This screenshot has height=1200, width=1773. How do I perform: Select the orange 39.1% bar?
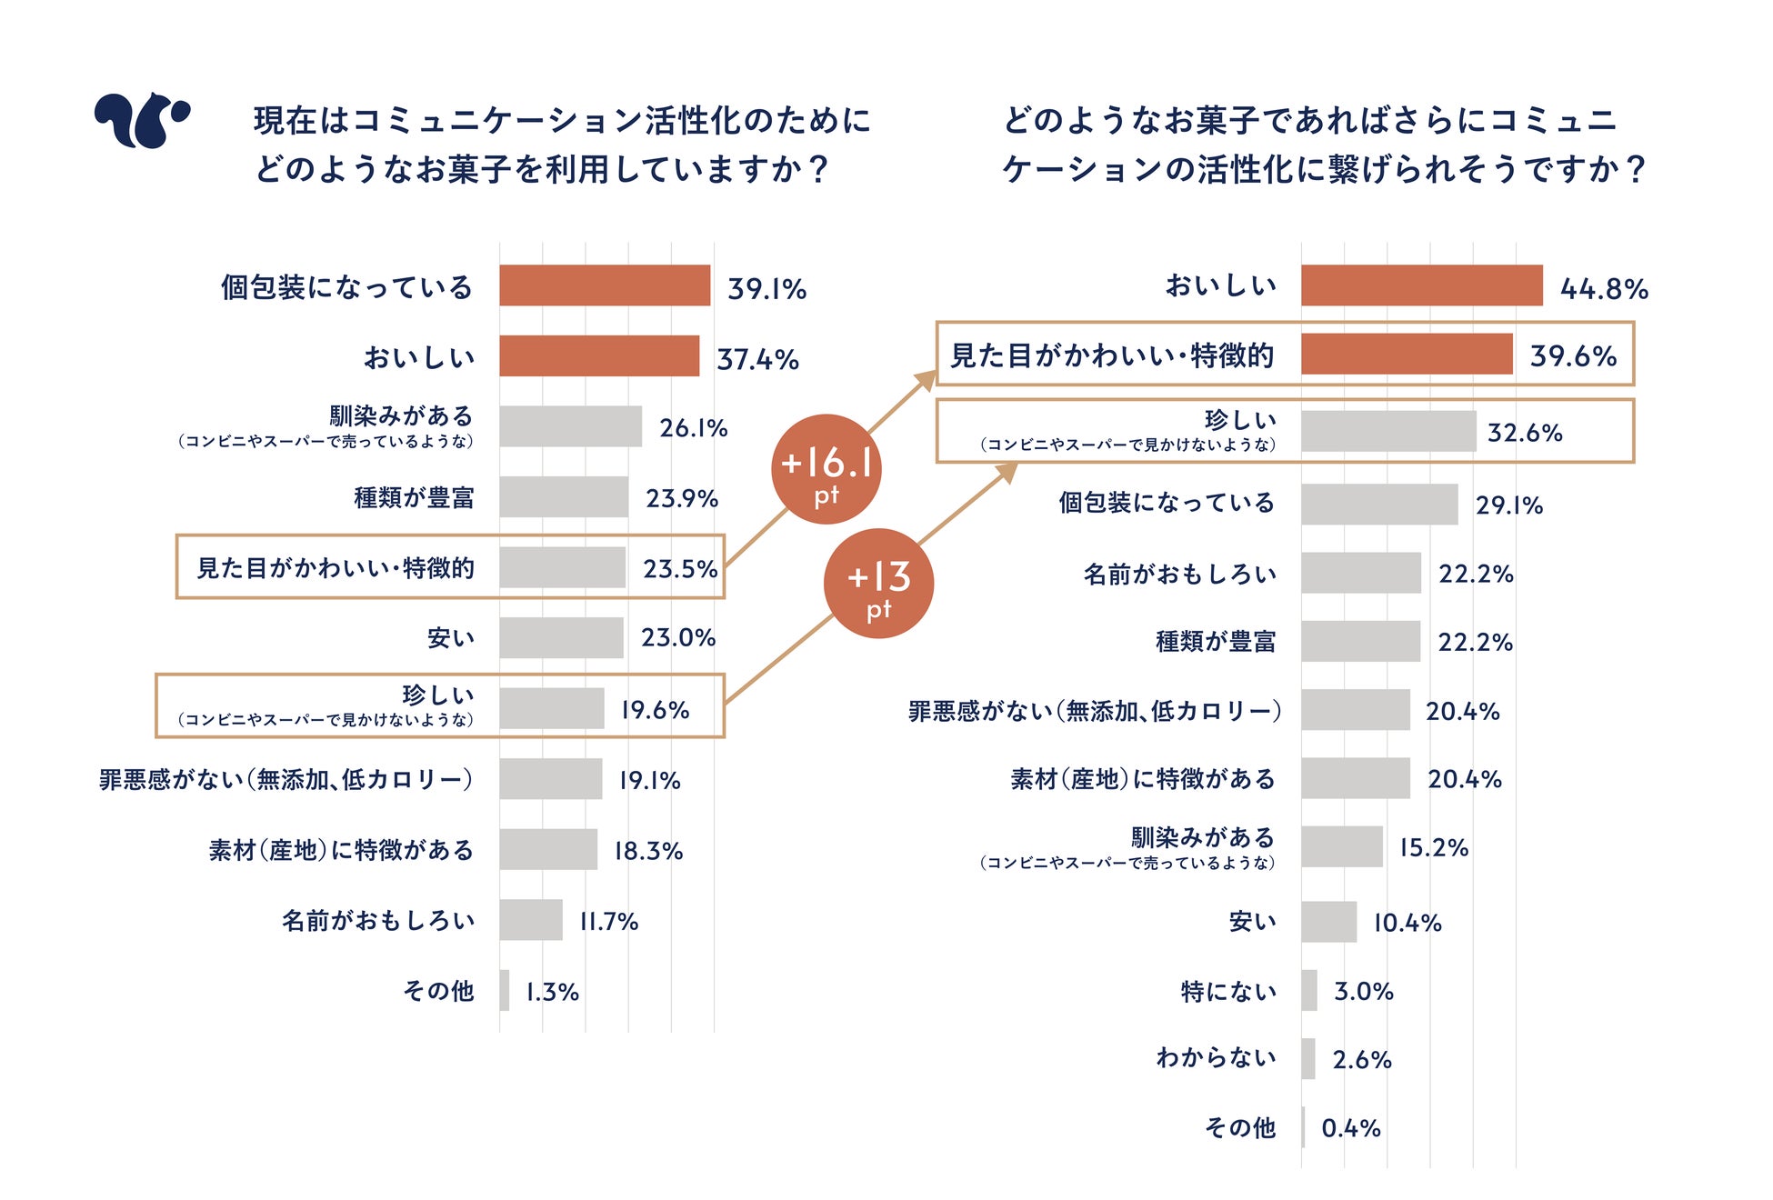tap(604, 285)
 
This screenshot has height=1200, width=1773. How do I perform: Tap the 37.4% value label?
tap(757, 359)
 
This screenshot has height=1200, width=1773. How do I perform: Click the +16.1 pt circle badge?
tap(826, 469)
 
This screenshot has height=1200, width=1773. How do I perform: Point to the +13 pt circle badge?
tap(878, 584)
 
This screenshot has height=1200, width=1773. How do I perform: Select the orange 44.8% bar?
tap(1421, 285)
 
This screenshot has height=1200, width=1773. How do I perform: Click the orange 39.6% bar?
tap(1406, 354)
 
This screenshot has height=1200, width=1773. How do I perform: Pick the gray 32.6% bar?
tap(1387, 431)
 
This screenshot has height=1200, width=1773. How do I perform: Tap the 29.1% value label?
tap(1509, 505)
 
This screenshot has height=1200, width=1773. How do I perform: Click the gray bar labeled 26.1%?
tap(570, 426)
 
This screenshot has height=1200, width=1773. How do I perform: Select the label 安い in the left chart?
tap(451, 638)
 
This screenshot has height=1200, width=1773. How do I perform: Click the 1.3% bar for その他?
tap(505, 990)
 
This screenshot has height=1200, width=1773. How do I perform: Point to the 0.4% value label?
tap(1351, 1128)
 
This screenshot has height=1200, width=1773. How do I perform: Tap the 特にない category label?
tap(1228, 991)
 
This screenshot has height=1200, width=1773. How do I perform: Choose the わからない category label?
tap(1216, 1058)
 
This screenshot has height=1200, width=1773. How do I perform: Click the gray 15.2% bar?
tap(1341, 846)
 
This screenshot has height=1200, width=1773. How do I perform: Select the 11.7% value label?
tap(609, 922)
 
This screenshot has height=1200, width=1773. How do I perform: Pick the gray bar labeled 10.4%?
tap(1328, 922)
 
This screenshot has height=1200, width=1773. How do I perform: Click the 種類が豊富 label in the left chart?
tap(414, 498)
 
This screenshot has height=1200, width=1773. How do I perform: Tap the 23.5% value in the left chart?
tap(680, 569)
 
